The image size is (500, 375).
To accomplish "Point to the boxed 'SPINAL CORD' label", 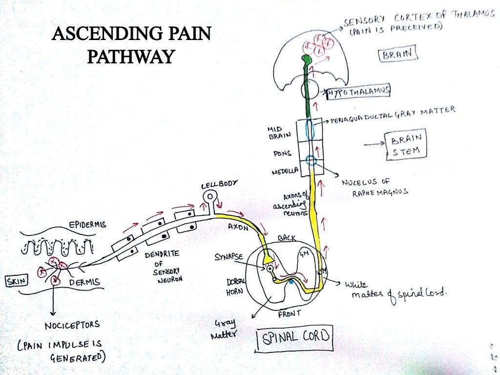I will pos(295,337).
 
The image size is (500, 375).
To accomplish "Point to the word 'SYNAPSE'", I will pos(229,257).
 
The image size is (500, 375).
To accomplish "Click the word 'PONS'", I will pos(283,153).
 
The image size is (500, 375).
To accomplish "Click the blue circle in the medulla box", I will pos(311,161).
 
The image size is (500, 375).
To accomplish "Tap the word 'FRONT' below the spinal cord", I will pos(290,314).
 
